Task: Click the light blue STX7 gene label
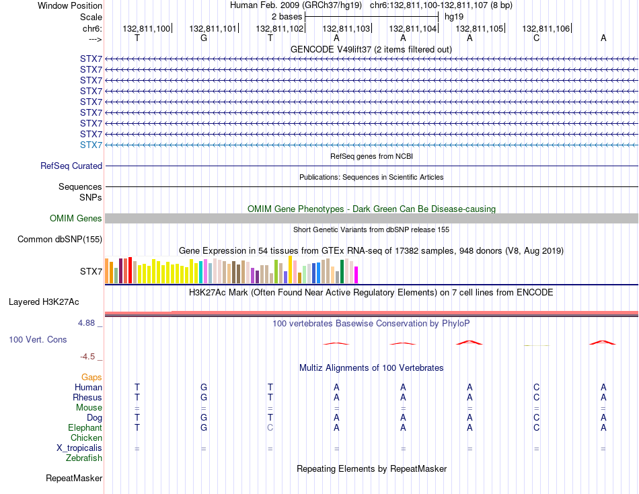click(91, 145)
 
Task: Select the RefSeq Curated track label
click(71, 166)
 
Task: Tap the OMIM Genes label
click(76, 218)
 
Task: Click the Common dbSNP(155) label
click(60, 240)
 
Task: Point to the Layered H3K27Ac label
click(44, 302)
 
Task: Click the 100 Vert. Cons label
click(38, 339)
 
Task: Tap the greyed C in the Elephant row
click(270, 427)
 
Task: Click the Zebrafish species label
click(84, 458)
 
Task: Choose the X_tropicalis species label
click(79, 448)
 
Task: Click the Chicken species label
click(86, 437)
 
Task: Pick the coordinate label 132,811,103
click(346, 28)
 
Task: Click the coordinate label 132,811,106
click(546, 28)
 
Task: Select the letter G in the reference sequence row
click(204, 38)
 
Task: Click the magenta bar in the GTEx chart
click(356, 275)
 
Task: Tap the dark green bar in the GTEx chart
click(342, 271)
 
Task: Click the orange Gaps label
click(91, 378)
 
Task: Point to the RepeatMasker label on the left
click(74, 478)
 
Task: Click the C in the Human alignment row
click(536, 387)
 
